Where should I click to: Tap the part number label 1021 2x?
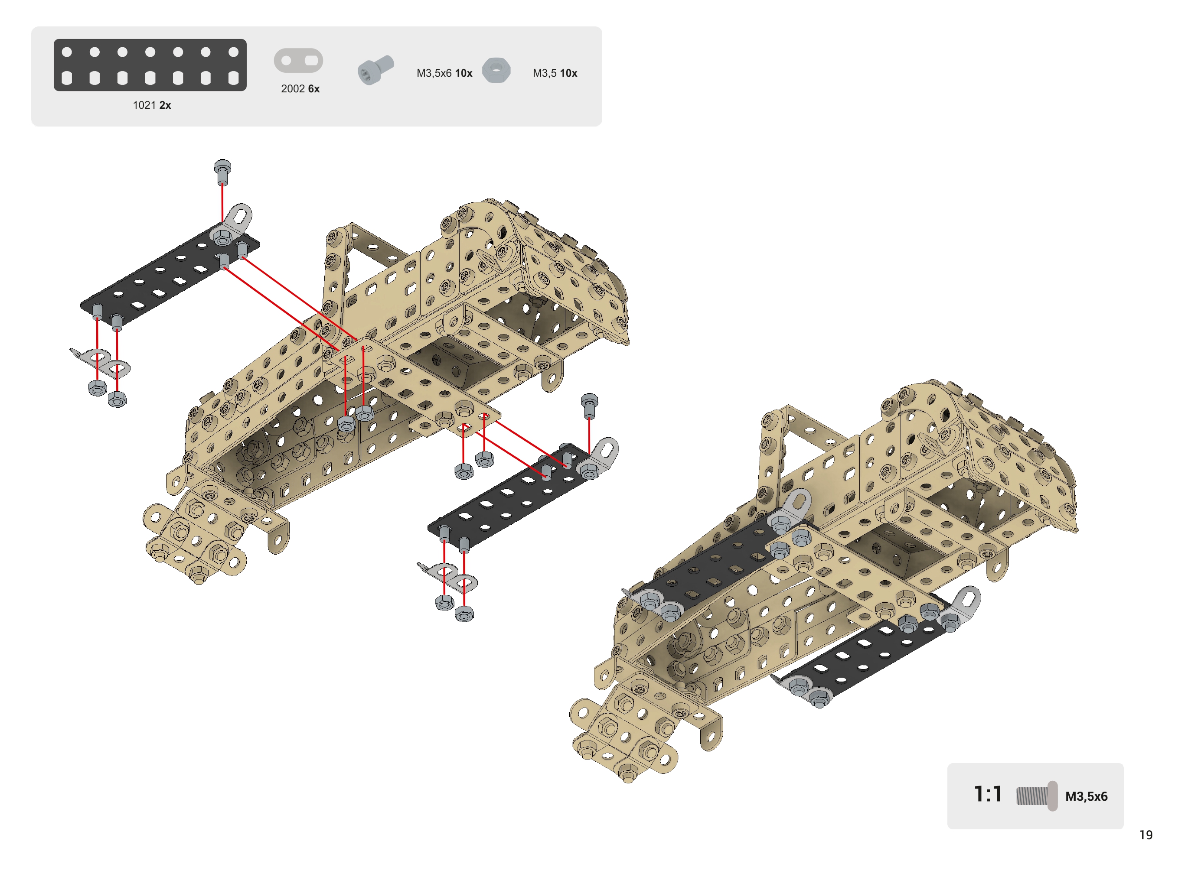click(x=152, y=105)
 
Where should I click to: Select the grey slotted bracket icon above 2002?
click(x=298, y=61)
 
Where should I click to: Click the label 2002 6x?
click(x=300, y=89)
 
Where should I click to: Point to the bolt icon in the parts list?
click(x=375, y=69)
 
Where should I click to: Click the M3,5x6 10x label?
click(x=444, y=73)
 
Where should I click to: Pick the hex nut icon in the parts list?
click(x=496, y=70)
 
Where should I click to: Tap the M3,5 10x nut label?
click(x=555, y=73)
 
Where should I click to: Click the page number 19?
click(x=1146, y=835)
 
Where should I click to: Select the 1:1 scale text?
click(x=988, y=794)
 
